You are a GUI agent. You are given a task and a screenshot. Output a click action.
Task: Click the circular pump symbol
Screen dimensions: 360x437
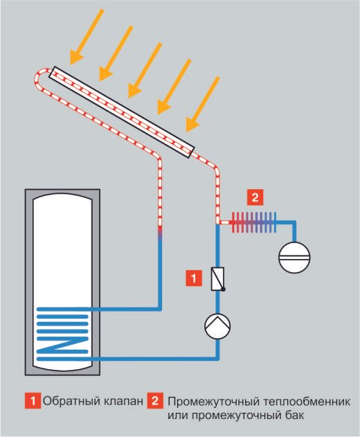click(217, 325)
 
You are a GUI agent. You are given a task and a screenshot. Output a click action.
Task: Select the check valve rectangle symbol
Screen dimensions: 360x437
click(218, 279)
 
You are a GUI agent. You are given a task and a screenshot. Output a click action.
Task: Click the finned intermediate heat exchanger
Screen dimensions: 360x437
click(254, 222)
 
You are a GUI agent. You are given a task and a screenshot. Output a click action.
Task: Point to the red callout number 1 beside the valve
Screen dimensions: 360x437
click(194, 278)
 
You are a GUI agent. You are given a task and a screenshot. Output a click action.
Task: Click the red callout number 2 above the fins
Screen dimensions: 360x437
click(255, 197)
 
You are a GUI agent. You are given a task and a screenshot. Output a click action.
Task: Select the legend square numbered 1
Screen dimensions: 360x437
click(33, 401)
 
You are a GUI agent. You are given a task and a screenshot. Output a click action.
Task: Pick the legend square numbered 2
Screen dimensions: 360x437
click(155, 401)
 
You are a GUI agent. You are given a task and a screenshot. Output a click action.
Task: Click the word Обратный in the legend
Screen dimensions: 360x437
click(72, 401)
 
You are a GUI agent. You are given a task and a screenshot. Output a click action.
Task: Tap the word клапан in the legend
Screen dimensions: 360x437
click(124, 402)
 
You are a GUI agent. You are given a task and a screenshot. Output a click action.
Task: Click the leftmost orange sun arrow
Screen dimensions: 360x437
click(87, 36)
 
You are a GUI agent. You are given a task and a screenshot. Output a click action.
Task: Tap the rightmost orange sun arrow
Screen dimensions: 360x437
click(203, 104)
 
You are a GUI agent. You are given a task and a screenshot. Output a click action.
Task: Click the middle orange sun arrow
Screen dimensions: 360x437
click(145, 70)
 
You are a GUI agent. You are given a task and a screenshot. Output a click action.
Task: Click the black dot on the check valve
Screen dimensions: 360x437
click(223, 289)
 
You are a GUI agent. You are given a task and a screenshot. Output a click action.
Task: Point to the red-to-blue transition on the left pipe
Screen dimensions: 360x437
click(160, 233)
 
